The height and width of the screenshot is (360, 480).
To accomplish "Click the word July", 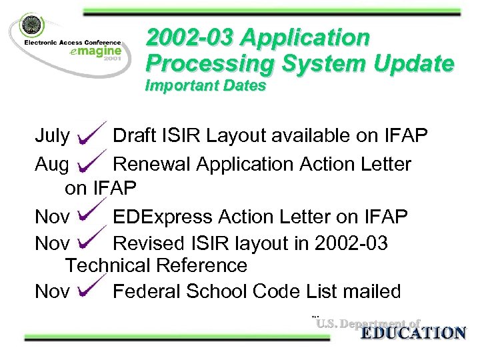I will click(52, 137).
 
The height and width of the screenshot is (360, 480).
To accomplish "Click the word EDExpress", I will click(169, 217).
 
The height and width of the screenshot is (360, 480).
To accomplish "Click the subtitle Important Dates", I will click(206, 86).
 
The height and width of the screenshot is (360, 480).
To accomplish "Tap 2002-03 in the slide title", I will click(191, 37).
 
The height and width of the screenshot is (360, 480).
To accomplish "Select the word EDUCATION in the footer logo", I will click(413, 333).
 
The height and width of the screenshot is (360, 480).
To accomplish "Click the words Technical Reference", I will click(156, 265).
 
